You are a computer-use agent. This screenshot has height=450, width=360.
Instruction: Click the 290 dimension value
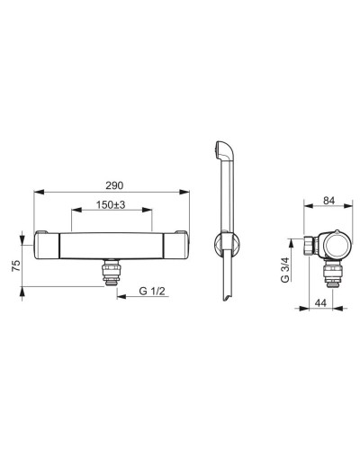114,185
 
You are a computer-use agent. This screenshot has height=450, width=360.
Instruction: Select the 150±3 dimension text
111,205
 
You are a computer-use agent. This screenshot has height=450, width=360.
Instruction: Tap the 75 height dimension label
16,265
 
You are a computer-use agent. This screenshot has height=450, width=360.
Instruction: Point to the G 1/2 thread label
152,291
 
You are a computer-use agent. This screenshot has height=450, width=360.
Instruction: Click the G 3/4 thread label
285,270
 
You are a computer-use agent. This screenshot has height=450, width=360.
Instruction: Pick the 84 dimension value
328,201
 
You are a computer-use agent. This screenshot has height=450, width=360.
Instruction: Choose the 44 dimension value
320,303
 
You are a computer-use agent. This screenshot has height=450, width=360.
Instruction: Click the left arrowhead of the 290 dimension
40,192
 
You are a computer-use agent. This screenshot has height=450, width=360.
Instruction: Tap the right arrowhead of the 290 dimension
184,192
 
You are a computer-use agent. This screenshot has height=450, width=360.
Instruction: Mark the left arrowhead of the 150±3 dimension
76,210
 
